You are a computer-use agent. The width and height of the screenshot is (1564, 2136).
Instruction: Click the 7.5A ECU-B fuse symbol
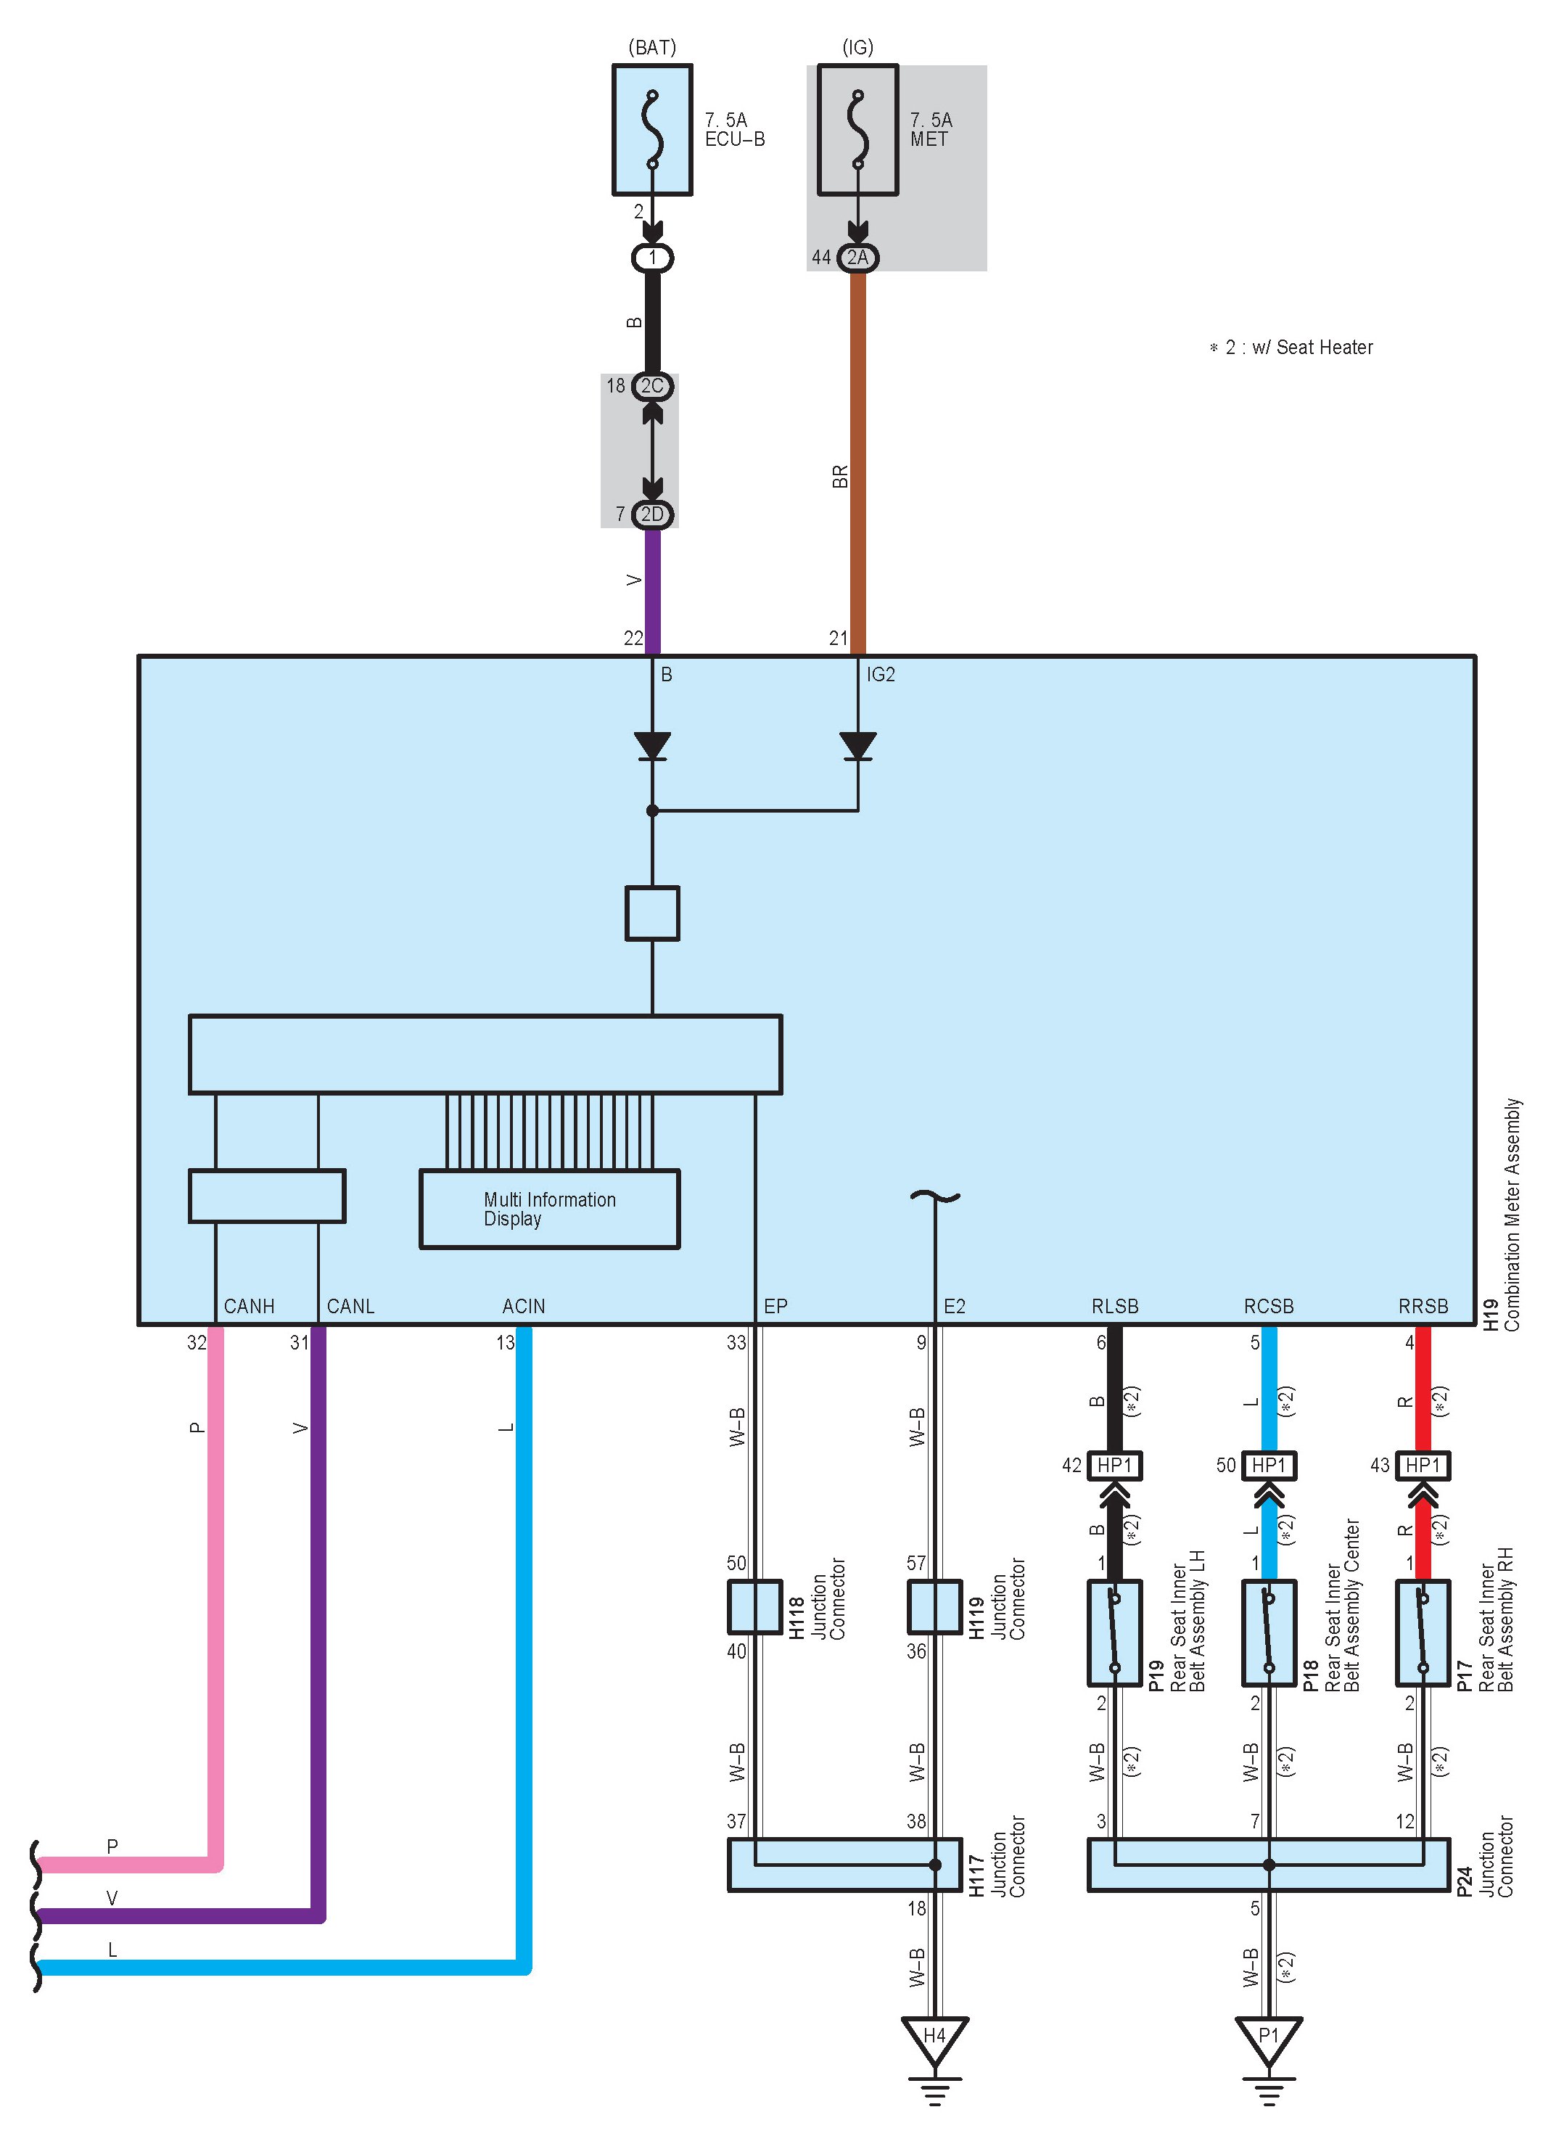tap(652, 130)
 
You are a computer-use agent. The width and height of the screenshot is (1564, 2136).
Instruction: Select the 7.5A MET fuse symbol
tap(857, 130)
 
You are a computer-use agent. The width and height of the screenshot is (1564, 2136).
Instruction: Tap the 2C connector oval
tap(652, 386)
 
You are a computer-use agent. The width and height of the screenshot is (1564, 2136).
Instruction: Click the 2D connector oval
tap(652, 514)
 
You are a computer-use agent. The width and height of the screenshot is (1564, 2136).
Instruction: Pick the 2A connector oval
tap(857, 258)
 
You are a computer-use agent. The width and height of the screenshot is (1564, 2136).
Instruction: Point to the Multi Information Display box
tap(549, 1209)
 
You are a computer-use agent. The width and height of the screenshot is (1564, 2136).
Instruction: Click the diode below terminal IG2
tap(857, 746)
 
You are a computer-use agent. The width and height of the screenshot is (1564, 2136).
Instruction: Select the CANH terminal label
tap(249, 1307)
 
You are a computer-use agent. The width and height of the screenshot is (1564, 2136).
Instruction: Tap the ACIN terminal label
tap(524, 1307)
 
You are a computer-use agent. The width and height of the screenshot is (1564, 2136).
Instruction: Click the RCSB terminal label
tap(1269, 1307)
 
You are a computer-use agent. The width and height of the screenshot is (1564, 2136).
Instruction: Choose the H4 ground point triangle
tap(934, 2039)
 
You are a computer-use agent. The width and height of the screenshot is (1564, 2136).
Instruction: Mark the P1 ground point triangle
tap(1269, 2039)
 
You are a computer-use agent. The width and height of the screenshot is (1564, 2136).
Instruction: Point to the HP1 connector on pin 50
tap(1269, 1466)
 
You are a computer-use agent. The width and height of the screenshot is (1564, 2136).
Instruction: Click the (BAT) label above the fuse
tap(652, 47)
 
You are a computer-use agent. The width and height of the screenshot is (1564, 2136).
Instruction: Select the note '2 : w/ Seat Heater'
tap(1291, 348)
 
